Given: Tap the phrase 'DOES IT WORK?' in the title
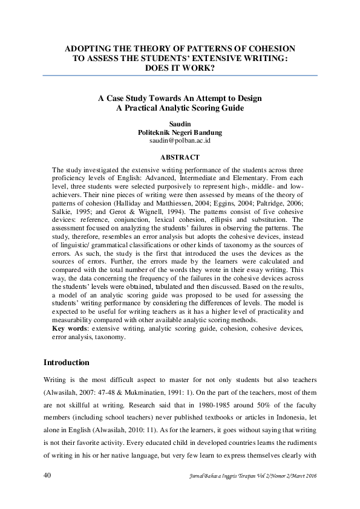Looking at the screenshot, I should click(x=180, y=68).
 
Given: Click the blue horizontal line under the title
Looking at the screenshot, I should click(x=180, y=76).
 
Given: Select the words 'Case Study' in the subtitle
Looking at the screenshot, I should click(x=129, y=98).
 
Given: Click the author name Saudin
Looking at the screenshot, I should click(x=180, y=123).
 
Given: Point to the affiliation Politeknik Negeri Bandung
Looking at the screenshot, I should click(x=180, y=132).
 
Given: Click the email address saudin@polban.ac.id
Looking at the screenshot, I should click(x=180, y=140).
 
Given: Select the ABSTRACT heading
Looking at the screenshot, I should click(x=180, y=157).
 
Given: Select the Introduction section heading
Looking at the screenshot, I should click(x=67, y=363).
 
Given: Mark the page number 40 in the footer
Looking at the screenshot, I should click(x=48, y=475).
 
